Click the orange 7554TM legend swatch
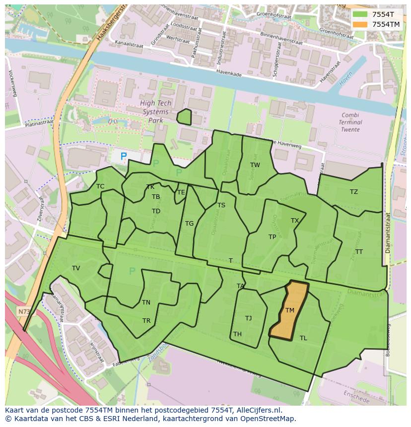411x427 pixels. [361, 24]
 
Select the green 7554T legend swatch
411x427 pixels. [361, 14]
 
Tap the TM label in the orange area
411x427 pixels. [290, 310]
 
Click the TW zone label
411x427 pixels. [255, 165]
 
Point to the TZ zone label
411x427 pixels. [353, 192]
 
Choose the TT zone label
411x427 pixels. [359, 252]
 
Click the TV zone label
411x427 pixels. [76, 268]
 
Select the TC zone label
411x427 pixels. [100, 186]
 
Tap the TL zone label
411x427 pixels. [303, 338]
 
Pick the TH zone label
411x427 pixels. [237, 334]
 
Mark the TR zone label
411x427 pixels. [146, 321]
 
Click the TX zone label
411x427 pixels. [295, 221]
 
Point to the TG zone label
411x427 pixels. [189, 224]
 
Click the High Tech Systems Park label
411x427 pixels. [155, 112]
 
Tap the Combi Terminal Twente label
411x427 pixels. [351, 122]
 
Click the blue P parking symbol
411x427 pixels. [124, 156]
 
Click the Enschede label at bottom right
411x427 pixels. [357, 397]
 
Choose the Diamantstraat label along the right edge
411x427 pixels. [388, 233]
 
